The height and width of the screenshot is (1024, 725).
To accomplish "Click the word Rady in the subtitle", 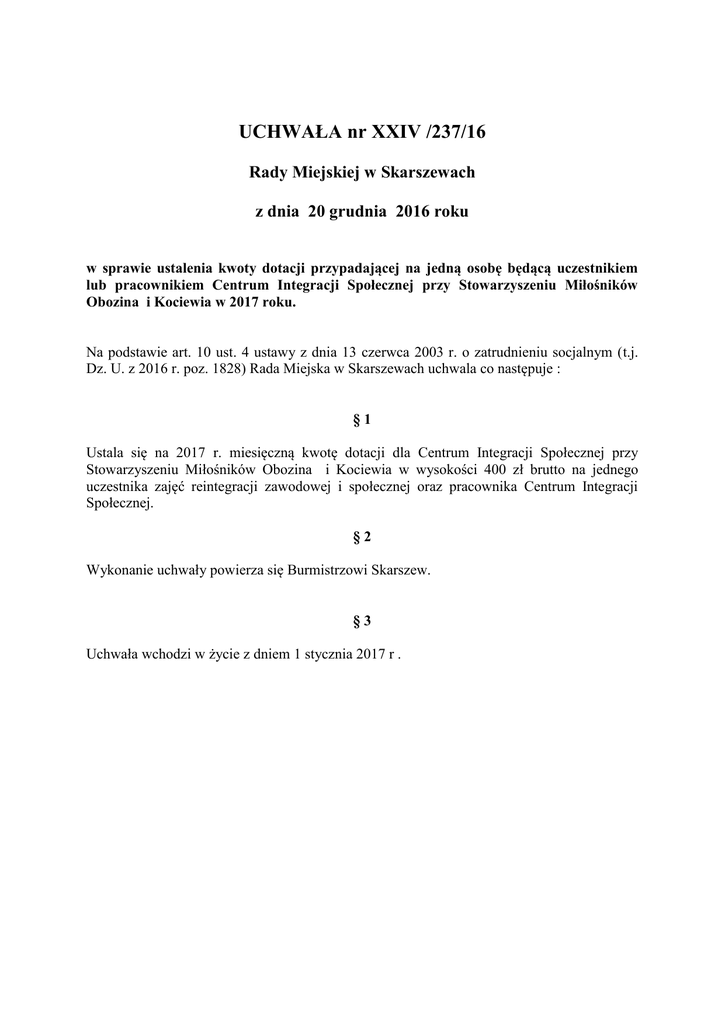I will tap(267, 172).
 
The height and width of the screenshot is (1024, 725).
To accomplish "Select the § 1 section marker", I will tap(362, 419).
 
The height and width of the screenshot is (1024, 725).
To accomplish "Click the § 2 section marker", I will tap(362, 537).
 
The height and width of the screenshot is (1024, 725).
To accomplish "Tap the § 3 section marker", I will tap(362, 621).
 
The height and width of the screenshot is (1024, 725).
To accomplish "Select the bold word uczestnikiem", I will tap(596, 269).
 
